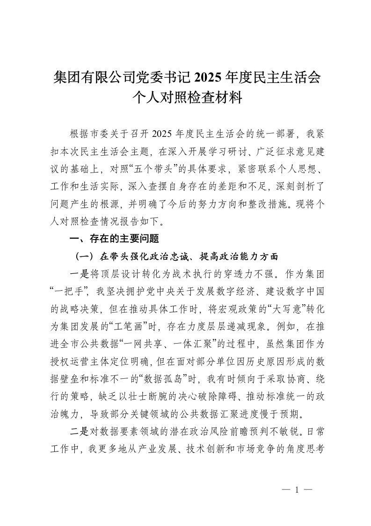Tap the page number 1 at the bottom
(x=297, y=490)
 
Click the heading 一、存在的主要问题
(x=114, y=239)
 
